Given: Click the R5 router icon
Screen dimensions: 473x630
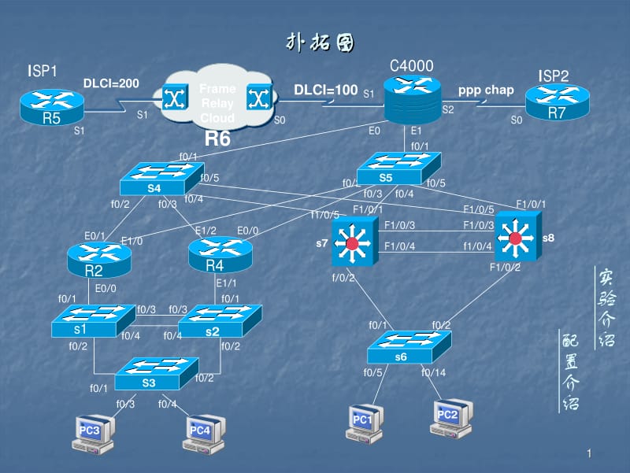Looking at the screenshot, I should click(x=52, y=105).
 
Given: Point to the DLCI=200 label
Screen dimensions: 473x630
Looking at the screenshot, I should click(x=110, y=83).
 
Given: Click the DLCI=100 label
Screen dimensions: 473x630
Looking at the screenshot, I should click(x=325, y=90).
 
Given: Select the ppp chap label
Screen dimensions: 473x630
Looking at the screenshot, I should click(x=486, y=90).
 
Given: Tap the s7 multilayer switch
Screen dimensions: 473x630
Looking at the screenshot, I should click(x=351, y=243).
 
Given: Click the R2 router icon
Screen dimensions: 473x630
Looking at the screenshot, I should click(x=98, y=259).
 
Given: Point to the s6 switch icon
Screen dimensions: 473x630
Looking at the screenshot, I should click(x=409, y=347).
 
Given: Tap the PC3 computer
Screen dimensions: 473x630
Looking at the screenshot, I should click(x=91, y=432).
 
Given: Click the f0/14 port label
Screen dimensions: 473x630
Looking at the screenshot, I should click(x=434, y=373).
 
